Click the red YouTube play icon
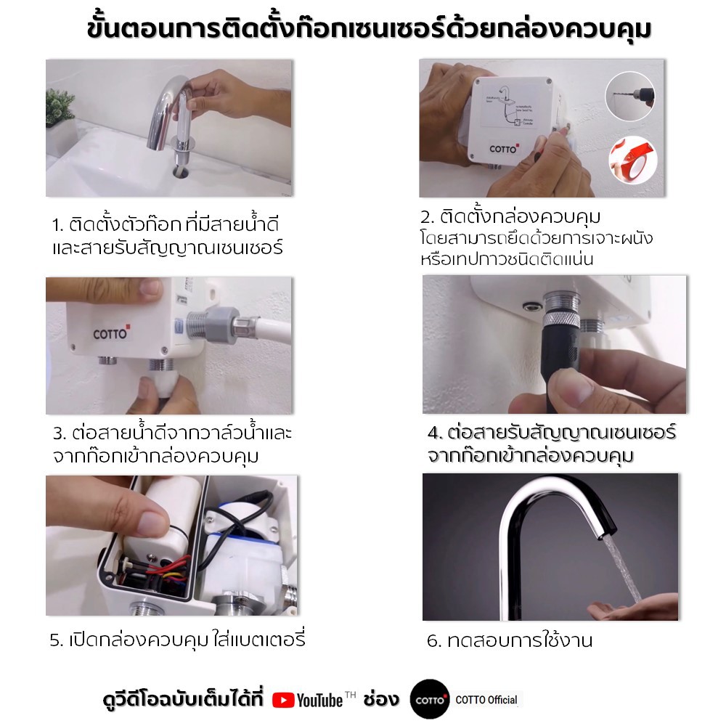[283, 700]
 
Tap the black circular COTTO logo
[430, 699]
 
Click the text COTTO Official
[486, 700]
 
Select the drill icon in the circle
[629, 97]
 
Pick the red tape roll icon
[633, 160]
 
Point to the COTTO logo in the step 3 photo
[111, 333]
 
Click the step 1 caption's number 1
[57, 226]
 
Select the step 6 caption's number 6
[433, 641]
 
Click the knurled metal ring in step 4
[561, 319]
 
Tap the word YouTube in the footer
[320, 701]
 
